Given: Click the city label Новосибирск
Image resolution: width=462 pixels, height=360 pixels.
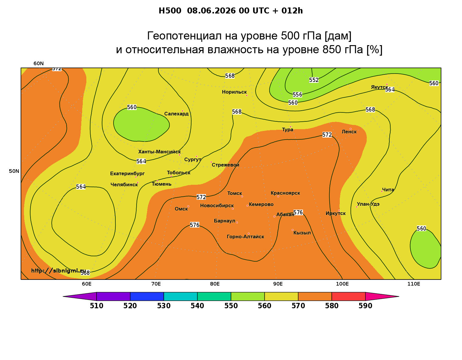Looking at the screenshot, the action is [217, 206].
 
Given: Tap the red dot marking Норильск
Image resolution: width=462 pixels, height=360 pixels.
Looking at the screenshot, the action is [247, 95].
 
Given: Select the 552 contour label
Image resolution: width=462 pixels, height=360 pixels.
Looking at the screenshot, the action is [314, 80].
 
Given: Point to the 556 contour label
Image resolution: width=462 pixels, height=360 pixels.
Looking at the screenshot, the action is [297, 94].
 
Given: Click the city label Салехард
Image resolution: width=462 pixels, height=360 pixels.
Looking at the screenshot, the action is [177, 114].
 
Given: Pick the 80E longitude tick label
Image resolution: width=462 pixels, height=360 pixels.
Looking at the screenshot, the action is [215, 284].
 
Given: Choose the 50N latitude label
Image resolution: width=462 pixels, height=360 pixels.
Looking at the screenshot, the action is [14, 171].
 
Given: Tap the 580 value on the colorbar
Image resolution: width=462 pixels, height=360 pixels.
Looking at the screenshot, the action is [332, 306].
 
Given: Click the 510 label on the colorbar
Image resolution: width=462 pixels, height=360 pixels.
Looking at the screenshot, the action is [97, 306].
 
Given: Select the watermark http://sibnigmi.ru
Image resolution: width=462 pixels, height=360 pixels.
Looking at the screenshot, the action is [59, 271].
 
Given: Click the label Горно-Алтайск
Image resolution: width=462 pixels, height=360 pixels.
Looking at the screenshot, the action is [245, 237].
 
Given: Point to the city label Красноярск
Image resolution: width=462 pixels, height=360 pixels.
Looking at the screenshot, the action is [285, 193].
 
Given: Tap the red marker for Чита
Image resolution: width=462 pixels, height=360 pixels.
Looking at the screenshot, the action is [382, 192].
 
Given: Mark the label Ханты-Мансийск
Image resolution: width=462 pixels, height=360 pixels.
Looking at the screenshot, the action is [160, 152].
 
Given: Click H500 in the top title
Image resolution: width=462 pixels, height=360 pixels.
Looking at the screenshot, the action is [170, 11].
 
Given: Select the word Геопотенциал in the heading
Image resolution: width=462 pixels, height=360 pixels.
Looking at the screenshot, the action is [184, 36].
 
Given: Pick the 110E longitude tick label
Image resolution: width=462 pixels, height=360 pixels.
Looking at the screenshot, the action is [414, 284].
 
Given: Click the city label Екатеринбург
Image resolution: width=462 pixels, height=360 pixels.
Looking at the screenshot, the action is [127, 174].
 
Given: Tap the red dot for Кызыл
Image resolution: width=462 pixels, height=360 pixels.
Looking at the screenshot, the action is [293, 230].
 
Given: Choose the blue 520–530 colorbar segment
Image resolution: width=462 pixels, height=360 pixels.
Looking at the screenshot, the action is [147, 296].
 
